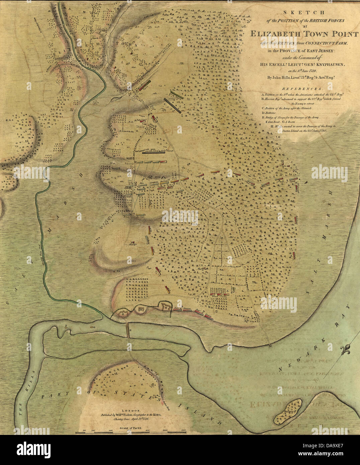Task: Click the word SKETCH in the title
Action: click(303, 13)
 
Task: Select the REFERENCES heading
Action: click(303, 89)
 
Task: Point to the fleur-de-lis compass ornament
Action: click(346, 350)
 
